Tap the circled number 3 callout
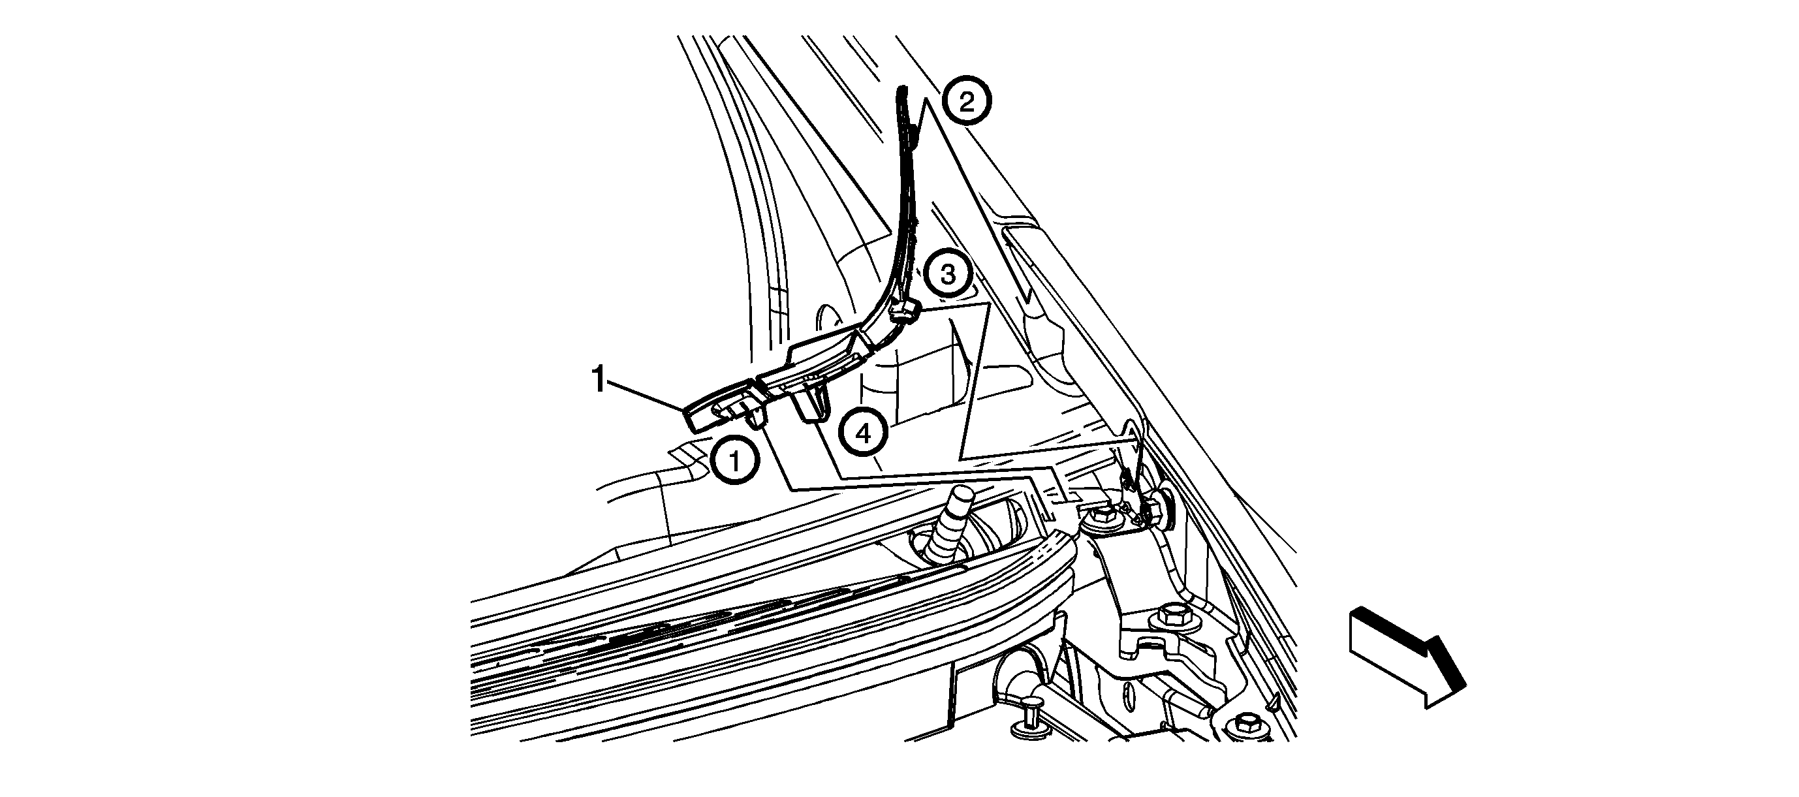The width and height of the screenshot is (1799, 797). coord(948,275)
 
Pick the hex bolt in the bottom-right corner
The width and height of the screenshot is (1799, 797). coord(1247,723)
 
